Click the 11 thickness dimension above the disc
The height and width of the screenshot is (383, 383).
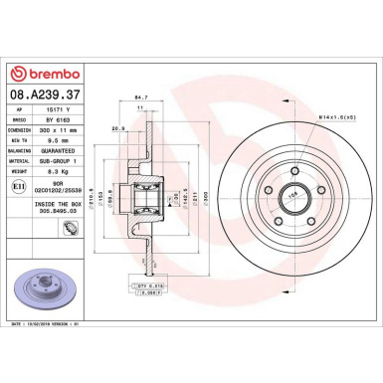pos(140,106)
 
